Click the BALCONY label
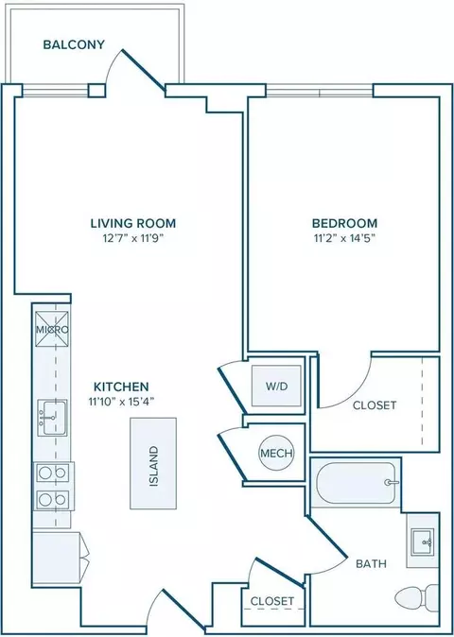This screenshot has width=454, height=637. pyautogui.click(x=74, y=44)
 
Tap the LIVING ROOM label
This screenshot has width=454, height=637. pyautogui.click(x=133, y=223)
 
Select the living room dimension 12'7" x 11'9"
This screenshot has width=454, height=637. pyautogui.click(x=133, y=238)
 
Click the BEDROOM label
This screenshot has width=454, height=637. pyautogui.click(x=344, y=223)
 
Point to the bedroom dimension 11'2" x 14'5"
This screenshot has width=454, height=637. pyautogui.click(x=344, y=238)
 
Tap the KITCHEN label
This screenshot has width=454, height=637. pyautogui.click(x=121, y=387)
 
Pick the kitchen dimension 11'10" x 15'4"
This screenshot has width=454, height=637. pyautogui.click(x=121, y=402)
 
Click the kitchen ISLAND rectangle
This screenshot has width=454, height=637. pyautogui.click(x=153, y=463)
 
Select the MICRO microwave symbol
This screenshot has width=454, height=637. pyautogui.click(x=52, y=330)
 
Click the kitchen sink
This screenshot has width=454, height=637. pyautogui.click(x=52, y=418)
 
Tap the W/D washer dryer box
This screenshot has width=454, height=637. pyautogui.click(x=277, y=386)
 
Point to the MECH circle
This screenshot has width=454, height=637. pyautogui.click(x=276, y=454)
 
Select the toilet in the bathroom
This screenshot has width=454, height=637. pyautogui.click(x=417, y=598)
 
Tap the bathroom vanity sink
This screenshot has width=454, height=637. pyautogui.click(x=423, y=542)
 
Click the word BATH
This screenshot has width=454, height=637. pyautogui.click(x=371, y=564)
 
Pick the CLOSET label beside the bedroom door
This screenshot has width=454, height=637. pyautogui.click(x=375, y=405)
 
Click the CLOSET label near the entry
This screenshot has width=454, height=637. pyautogui.click(x=271, y=601)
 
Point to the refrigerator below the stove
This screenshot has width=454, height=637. pyautogui.click(x=57, y=559)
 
